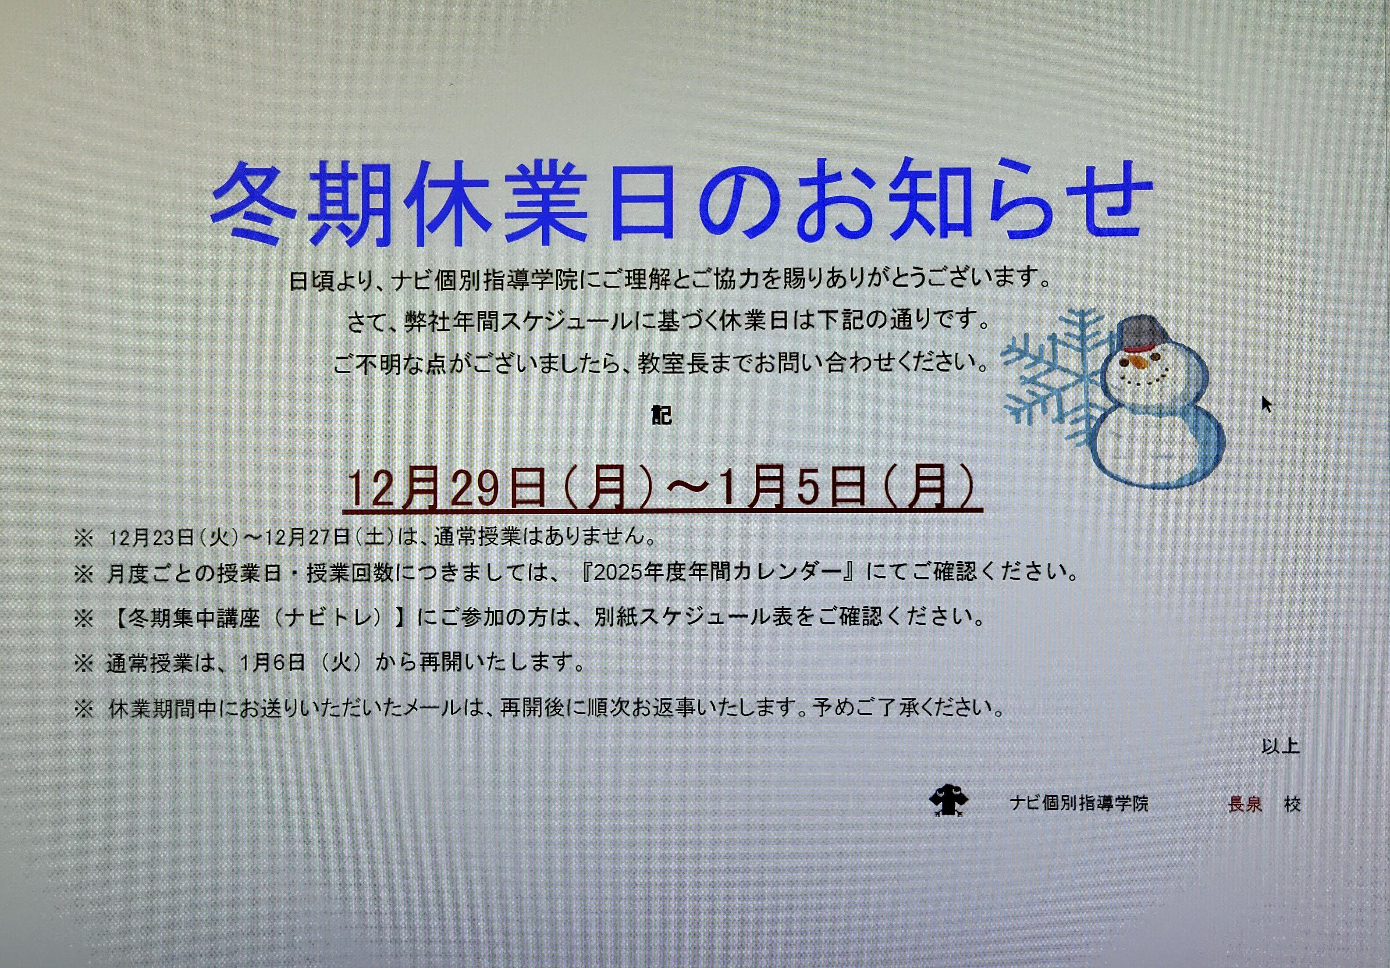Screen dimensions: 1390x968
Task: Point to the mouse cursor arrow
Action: click(x=1266, y=404)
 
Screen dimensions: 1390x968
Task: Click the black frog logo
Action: click(x=949, y=801)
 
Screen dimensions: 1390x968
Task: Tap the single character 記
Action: click(x=662, y=415)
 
